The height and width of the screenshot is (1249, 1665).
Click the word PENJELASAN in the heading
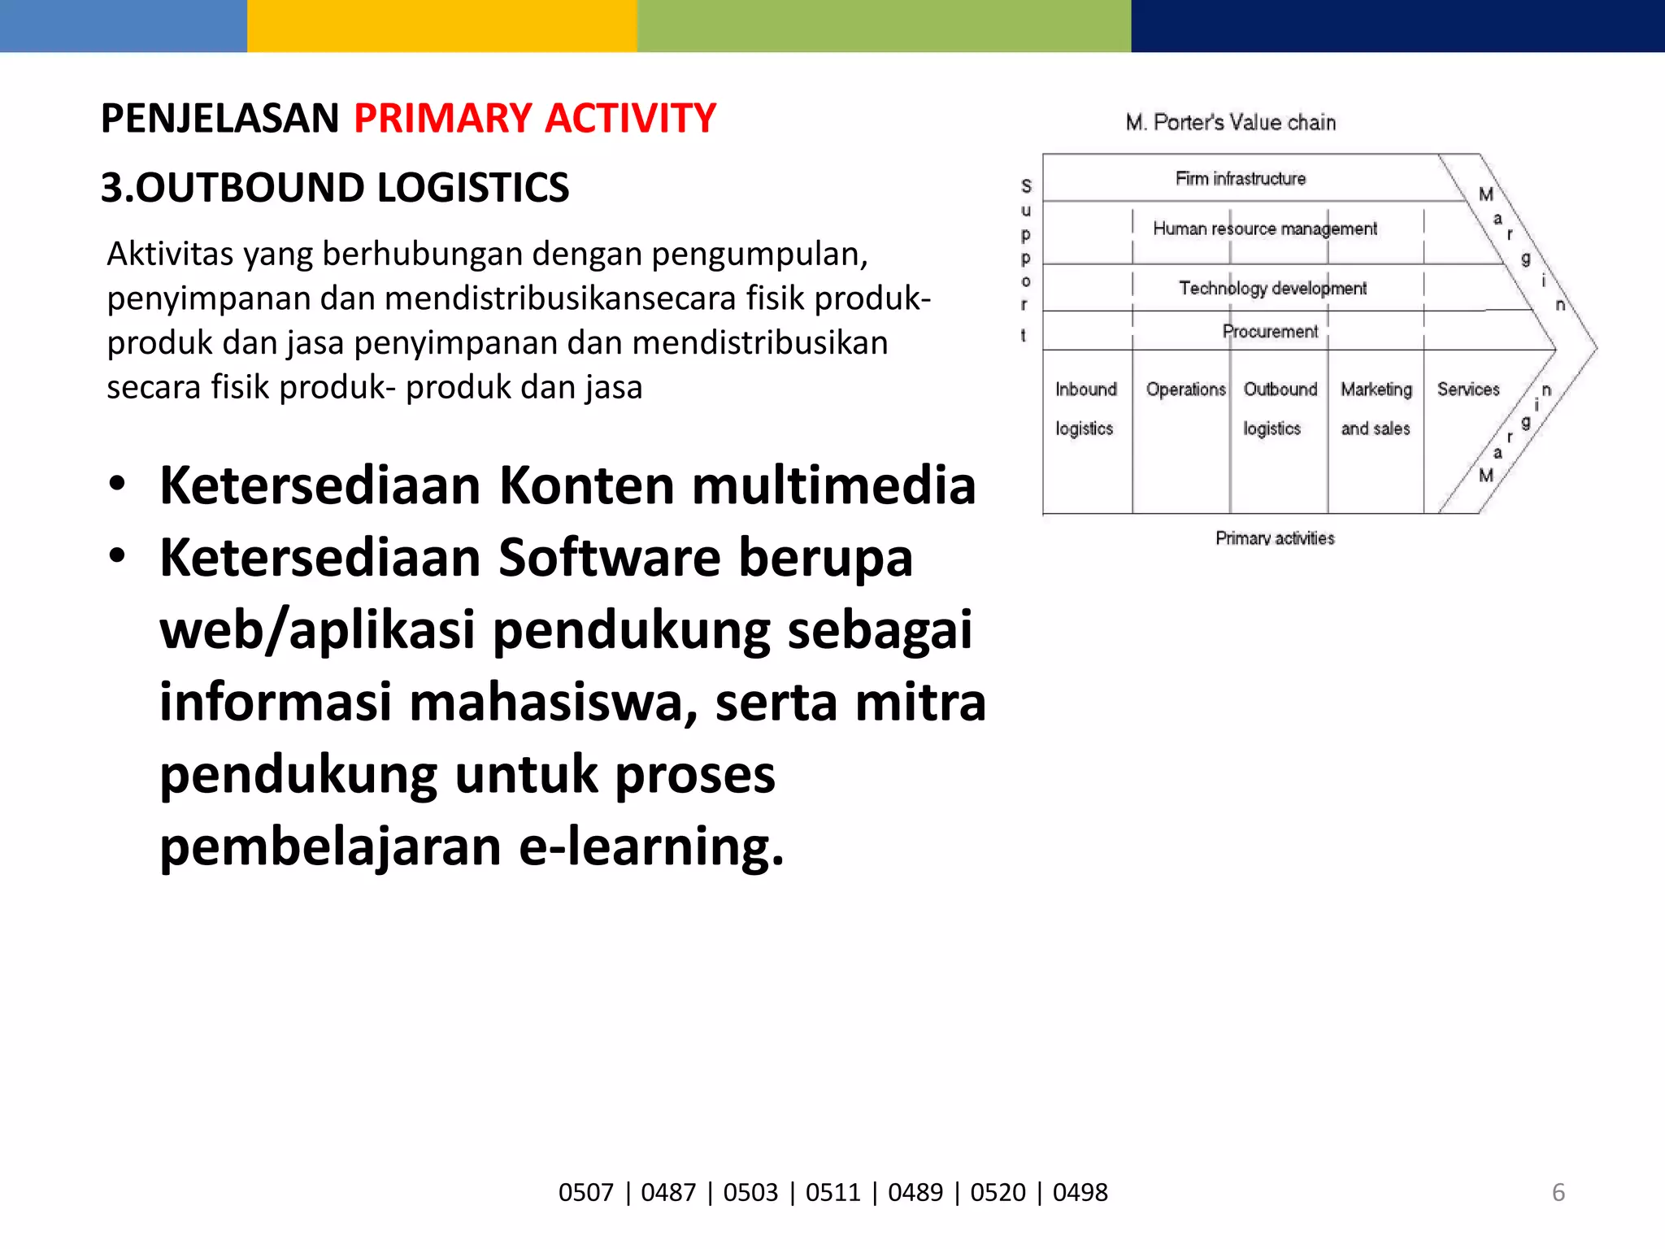click(x=220, y=119)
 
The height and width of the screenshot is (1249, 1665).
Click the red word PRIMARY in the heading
click(x=442, y=119)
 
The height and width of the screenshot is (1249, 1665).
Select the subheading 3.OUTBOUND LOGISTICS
click(x=334, y=188)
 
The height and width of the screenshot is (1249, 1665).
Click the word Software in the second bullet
click(x=609, y=558)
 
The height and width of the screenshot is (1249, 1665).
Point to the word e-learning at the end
click(x=650, y=846)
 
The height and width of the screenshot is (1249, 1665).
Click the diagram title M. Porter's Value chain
click(x=1230, y=123)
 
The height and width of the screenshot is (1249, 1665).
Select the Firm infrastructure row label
click(x=1240, y=179)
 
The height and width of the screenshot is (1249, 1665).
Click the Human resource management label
click(x=1264, y=229)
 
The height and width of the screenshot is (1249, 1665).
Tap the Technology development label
click(x=1272, y=289)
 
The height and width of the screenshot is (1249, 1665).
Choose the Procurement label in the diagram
click(x=1269, y=332)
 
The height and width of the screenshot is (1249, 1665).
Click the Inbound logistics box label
click(x=1085, y=408)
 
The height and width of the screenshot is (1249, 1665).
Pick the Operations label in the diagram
click(x=1185, y=389)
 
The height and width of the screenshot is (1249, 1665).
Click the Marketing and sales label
click(x=1376, y=408)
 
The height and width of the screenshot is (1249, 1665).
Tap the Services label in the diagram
click(x=1467, y=389)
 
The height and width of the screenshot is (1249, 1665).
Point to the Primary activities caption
click(x=1274, y=538)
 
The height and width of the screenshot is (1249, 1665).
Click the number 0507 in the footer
click(x=585, y=1193)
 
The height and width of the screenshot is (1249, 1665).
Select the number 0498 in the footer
click(x=1080, y=1193)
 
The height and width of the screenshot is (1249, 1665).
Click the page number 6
click(x=1558, y=1193)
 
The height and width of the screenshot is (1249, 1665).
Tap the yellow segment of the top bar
click(x=441, y=25)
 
